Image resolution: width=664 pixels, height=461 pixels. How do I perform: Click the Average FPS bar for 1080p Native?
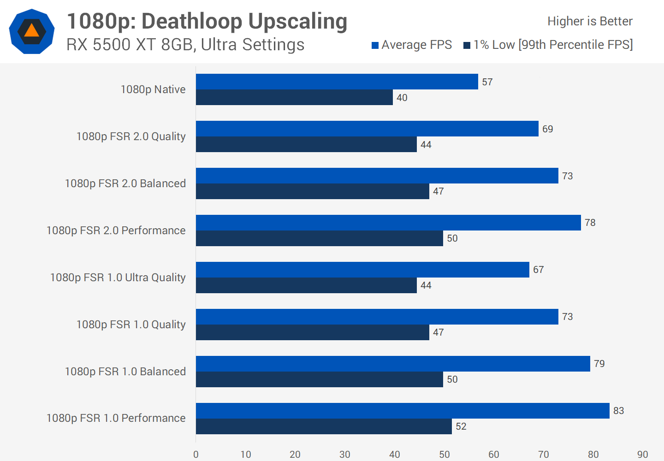(x=337, y=82)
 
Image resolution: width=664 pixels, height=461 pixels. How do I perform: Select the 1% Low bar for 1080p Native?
(x=294, y=97)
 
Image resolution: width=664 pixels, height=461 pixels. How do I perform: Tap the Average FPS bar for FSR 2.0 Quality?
(x=367, y=129)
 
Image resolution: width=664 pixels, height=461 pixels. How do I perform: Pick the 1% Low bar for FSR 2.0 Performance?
(x=319, y=238)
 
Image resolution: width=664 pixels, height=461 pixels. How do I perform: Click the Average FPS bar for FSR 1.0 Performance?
(x=403, y=411)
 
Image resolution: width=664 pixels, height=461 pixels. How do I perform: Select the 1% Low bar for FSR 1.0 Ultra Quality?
(x=306, y=285)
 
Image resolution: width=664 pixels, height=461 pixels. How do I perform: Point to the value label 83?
(x=618, y=411)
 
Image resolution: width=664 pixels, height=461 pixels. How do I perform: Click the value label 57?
(x=487, y=82)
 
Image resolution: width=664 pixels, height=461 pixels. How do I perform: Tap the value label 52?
(x=461, y=426)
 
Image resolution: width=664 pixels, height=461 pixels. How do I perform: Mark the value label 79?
(x=599, y=364)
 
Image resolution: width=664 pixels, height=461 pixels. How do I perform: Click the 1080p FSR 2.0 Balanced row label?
(x=125, y=183)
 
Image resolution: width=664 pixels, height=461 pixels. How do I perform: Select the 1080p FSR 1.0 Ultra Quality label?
(x=118, y=278)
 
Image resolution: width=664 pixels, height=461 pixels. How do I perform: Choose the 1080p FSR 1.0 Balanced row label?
(x=125, y=372)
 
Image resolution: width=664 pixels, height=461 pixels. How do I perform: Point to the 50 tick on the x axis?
(x=444, y=455)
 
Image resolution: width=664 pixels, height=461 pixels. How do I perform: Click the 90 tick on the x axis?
(x=642, y=455)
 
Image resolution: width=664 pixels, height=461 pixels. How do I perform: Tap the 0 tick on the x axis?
(x=196, y=455)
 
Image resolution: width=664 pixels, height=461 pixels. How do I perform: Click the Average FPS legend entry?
(x=412, y=45)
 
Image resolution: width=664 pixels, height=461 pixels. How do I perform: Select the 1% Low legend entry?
(x=548, y=45)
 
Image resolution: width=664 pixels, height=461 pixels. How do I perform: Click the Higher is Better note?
(x=590, y=21)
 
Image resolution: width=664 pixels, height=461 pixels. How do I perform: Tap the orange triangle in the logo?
(x=31, y=31)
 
